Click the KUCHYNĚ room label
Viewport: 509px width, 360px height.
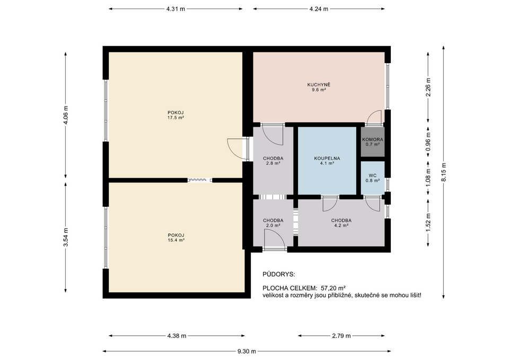click(x=319, y=85)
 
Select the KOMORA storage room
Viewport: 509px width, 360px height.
click(x=372, y=142)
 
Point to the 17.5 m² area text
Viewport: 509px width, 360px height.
click(x=175, y=118)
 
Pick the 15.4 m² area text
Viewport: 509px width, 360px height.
click(x=175, y=240)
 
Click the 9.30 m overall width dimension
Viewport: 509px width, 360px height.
click(x=247, y=352)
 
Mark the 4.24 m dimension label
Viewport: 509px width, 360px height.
click(x=318, y=9)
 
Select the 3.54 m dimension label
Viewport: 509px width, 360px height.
click(x=66, y=237)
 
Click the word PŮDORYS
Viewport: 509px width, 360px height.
click(x=278, y=275)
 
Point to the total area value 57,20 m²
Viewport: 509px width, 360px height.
click(x=329, y=288)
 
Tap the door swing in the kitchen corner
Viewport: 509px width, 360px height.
click(x=375, y=117)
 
